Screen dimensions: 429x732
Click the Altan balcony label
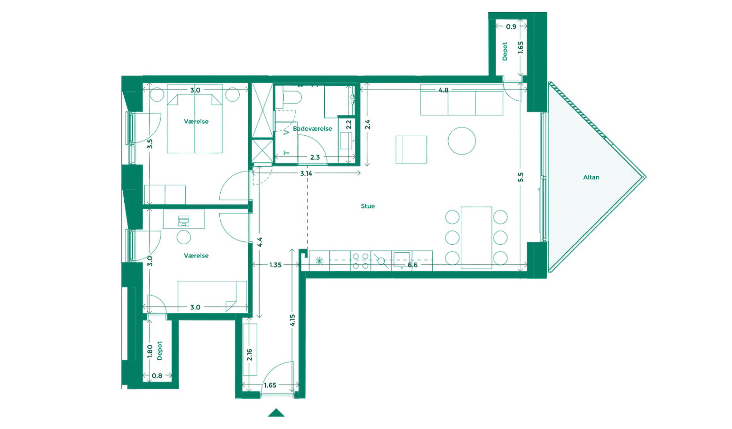coord(591,177)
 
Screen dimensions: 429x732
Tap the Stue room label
coord(368,206)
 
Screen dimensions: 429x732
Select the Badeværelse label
coord(312,129)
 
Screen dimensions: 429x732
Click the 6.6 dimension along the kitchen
coord(412,265)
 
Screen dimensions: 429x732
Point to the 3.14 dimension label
coord(306,173)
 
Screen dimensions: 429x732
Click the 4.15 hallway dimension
coord(292,320)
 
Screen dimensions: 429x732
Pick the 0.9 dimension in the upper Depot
coord(511,27)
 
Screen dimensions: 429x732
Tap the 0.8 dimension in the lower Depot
coord(157,376)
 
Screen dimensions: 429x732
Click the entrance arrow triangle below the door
coord(276,413)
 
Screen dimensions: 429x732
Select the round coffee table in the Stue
coord(462,141)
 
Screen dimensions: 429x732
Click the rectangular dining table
coord(476,238)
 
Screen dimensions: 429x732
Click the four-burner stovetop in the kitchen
coord(360,261)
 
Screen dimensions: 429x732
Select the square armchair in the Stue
coord(411,150)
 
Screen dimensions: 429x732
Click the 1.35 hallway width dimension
coord(275,265)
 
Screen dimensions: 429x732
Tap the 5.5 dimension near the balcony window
coord(521,177)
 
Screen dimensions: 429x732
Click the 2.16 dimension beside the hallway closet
coord(249,355)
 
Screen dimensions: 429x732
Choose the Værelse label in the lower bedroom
coord(196,256)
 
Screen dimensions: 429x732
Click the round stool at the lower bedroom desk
coord(184,237)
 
